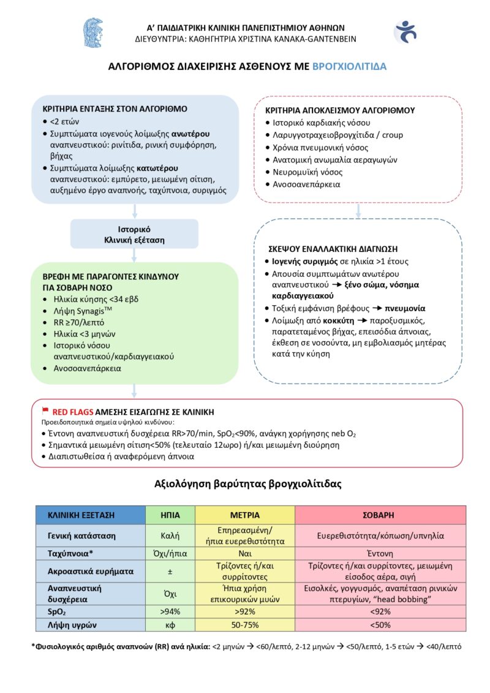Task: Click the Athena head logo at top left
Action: pyautogui.click(x=93, y=32)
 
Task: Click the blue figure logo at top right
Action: pyautogui.click(x=405, y=32)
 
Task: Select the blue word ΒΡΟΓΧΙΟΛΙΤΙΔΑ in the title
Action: pyautogui.click(x=349, y=66)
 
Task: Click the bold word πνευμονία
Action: pyautogui.click(x=405, y=308)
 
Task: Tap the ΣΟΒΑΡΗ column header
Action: pyautogui.click(x=380, y=515)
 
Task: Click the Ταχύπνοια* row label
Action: pyautogui.click(x=70, y=553)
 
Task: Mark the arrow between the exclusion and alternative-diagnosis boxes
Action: pyautogui.click(x=358, y=210)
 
